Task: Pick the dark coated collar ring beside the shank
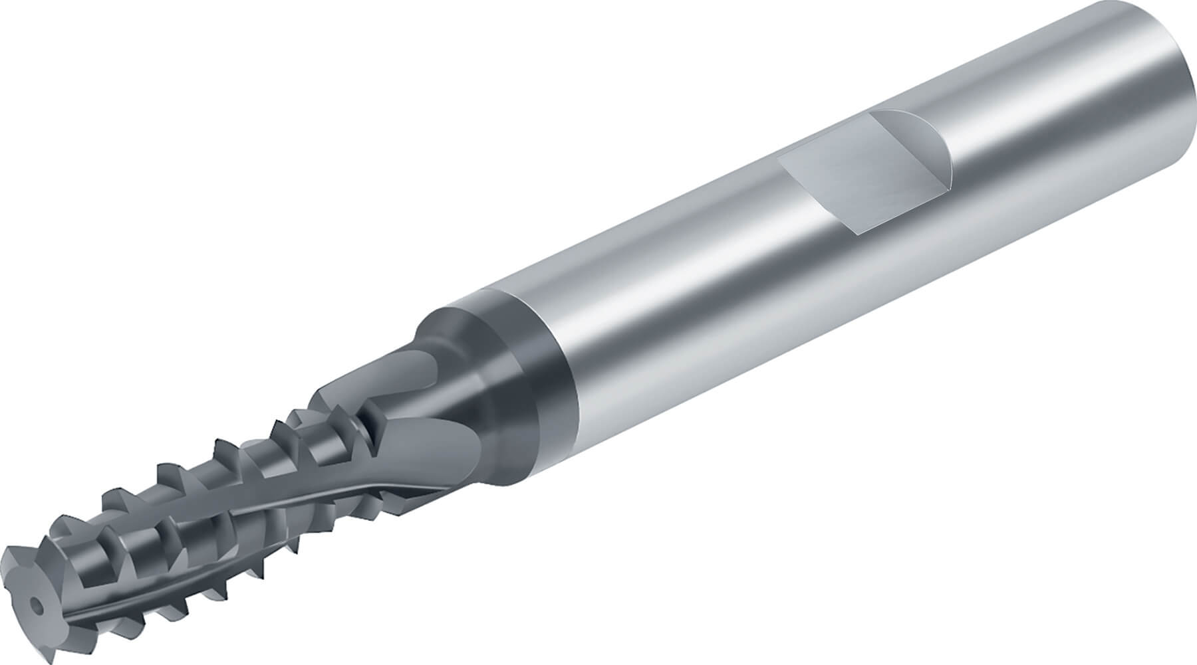coord(532,372)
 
